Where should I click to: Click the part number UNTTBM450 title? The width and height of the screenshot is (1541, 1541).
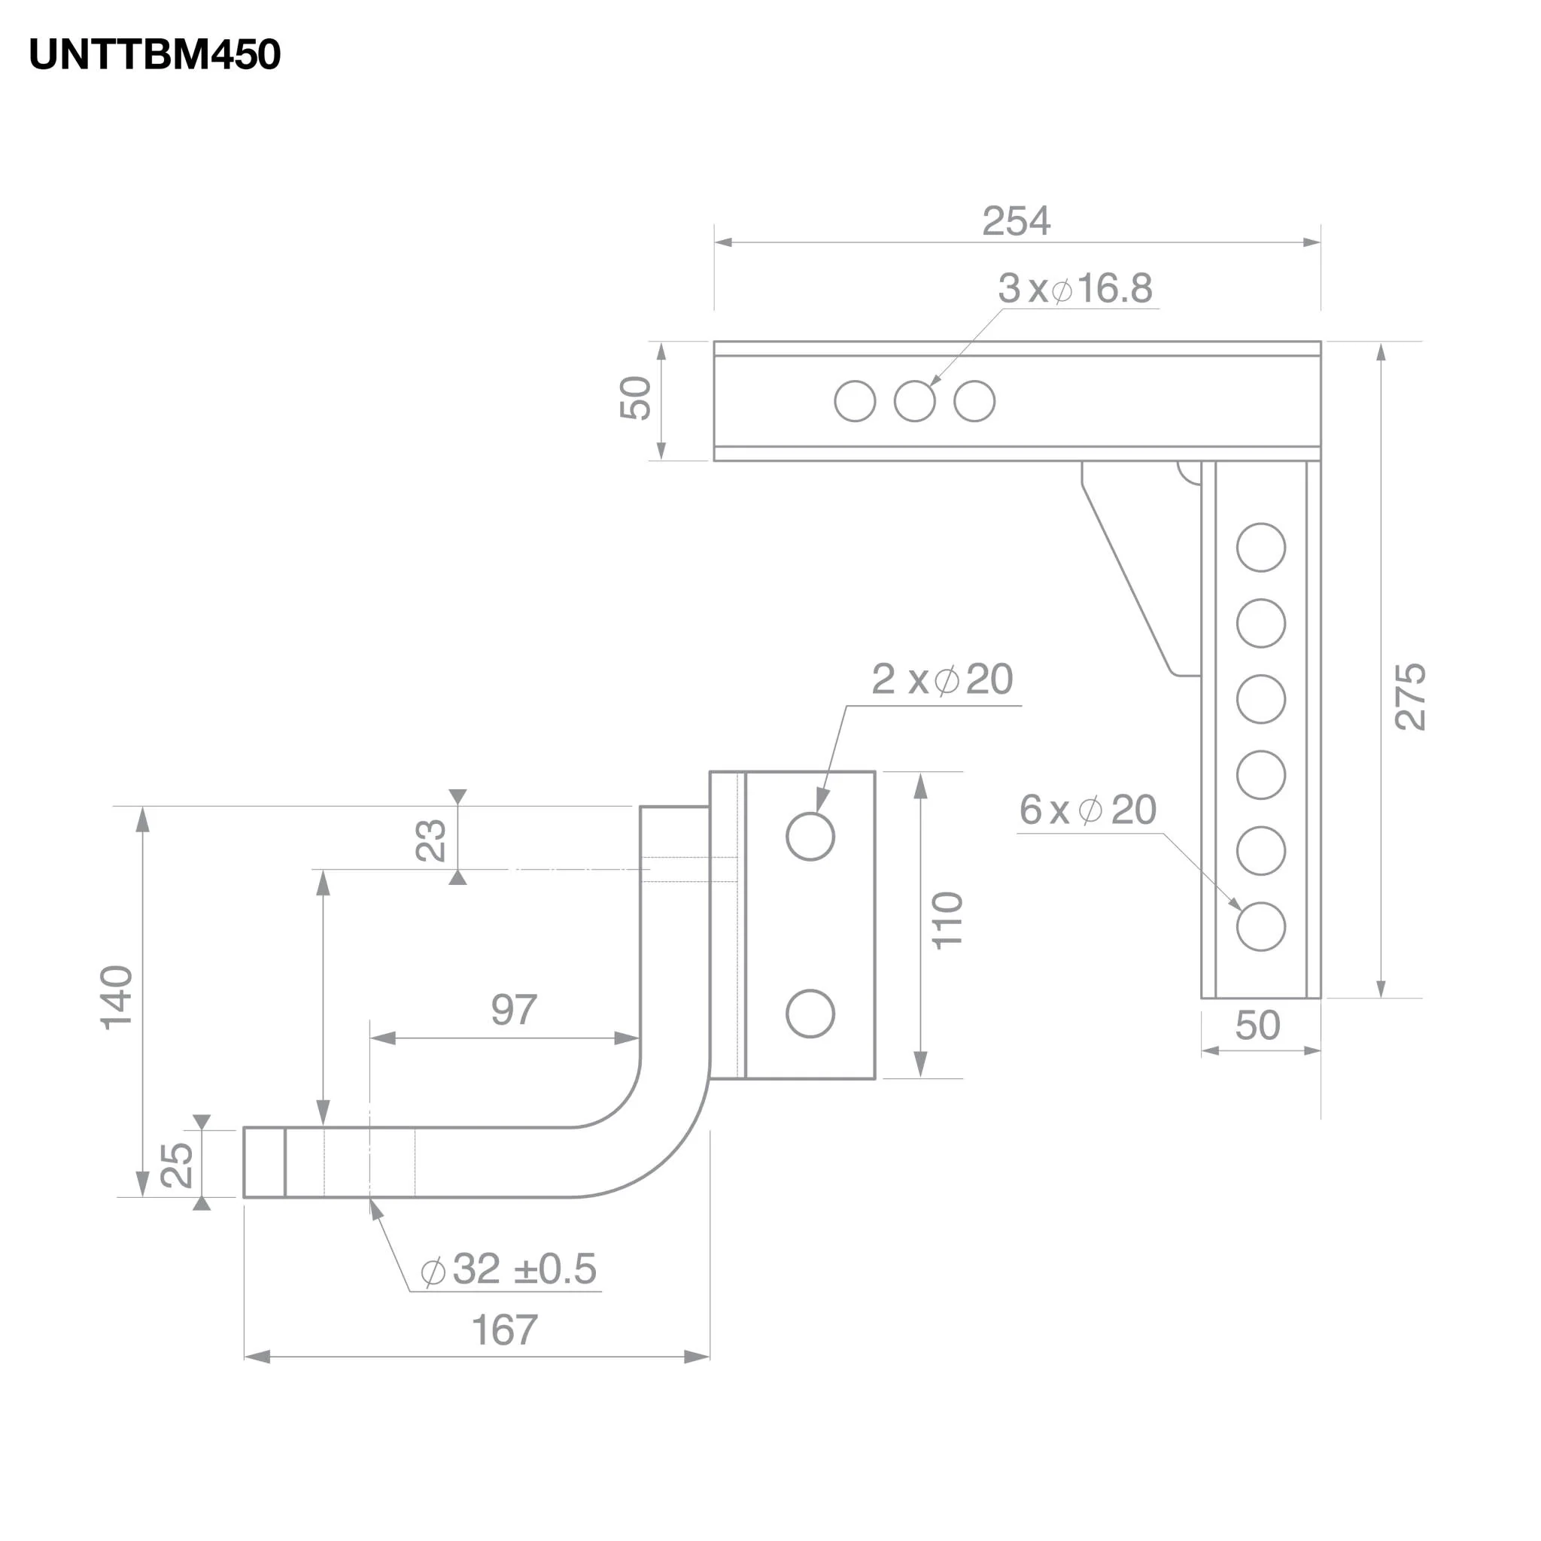coord(155,55)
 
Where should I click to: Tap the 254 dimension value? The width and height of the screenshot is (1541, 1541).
coord(1015,221)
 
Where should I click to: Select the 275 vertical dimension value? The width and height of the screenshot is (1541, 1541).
coord(1409,696)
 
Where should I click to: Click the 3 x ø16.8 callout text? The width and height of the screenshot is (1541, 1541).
coord(1074,289)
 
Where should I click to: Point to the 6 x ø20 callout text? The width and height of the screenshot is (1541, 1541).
coord(1087,810)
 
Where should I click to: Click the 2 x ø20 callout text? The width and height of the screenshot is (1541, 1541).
coord(942,679)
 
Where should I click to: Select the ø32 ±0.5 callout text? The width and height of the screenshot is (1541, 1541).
coord(509,1269)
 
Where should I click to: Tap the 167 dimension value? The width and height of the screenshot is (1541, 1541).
coord(504,1330)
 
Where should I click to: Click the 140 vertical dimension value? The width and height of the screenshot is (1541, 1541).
coord(117,998)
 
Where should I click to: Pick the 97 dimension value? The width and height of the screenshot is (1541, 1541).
coord(514,1011)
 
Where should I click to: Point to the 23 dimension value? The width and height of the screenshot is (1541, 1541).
coord(431,840)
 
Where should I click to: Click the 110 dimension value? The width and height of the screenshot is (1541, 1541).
coord(947,920)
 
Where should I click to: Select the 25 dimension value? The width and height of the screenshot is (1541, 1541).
coord(177,1166)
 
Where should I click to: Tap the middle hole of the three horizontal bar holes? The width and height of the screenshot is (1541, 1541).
coord(914,401)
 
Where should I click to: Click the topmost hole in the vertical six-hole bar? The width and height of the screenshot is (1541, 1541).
coord(1260,547)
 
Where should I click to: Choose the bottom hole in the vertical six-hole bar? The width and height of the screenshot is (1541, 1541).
coord(1260,927)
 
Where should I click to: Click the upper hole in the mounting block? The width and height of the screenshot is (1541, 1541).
coord(810,837)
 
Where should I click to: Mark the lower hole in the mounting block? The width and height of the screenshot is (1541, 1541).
coord(810,1014)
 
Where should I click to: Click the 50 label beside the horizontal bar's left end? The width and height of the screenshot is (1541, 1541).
coord(636,398)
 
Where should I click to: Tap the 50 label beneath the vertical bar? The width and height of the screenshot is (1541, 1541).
coord(1257,1026)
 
